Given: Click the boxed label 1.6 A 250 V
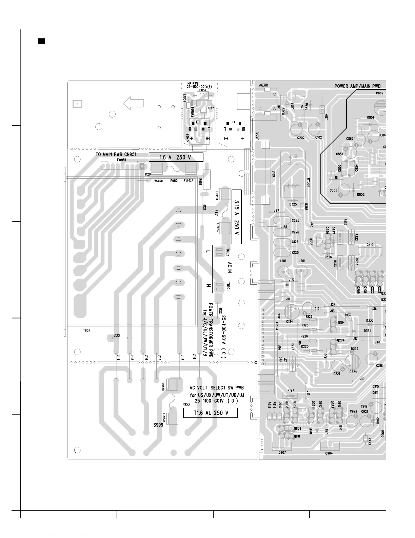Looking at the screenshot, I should coord(176,158).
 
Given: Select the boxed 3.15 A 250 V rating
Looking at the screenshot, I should coord(236,217).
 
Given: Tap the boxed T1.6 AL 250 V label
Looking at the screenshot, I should coord(210,413).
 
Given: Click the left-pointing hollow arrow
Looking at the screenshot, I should coord(134,103).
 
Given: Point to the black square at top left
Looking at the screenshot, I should coord(41,41).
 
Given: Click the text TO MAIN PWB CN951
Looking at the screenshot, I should coord(116,154).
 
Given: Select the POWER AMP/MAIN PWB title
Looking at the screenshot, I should coord(358,86).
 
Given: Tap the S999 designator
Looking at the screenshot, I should coord(158,425).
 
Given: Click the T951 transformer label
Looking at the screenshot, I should coord(86,330).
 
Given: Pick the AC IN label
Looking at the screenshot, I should coord(229,268).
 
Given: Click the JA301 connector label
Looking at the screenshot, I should coord(263,85).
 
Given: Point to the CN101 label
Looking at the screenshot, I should coord(371,245).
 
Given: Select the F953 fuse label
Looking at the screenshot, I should coord(186,405).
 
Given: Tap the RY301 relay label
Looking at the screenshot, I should coord(308,182).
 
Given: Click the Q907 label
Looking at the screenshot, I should coord(282,453).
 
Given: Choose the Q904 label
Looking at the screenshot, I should coord(329,453).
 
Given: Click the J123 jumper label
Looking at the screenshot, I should coord(116,336).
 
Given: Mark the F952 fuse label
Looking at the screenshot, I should coord(174,181).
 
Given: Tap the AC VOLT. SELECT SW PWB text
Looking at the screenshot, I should coord(217,388).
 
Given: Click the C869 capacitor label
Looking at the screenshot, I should coord(380,93).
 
